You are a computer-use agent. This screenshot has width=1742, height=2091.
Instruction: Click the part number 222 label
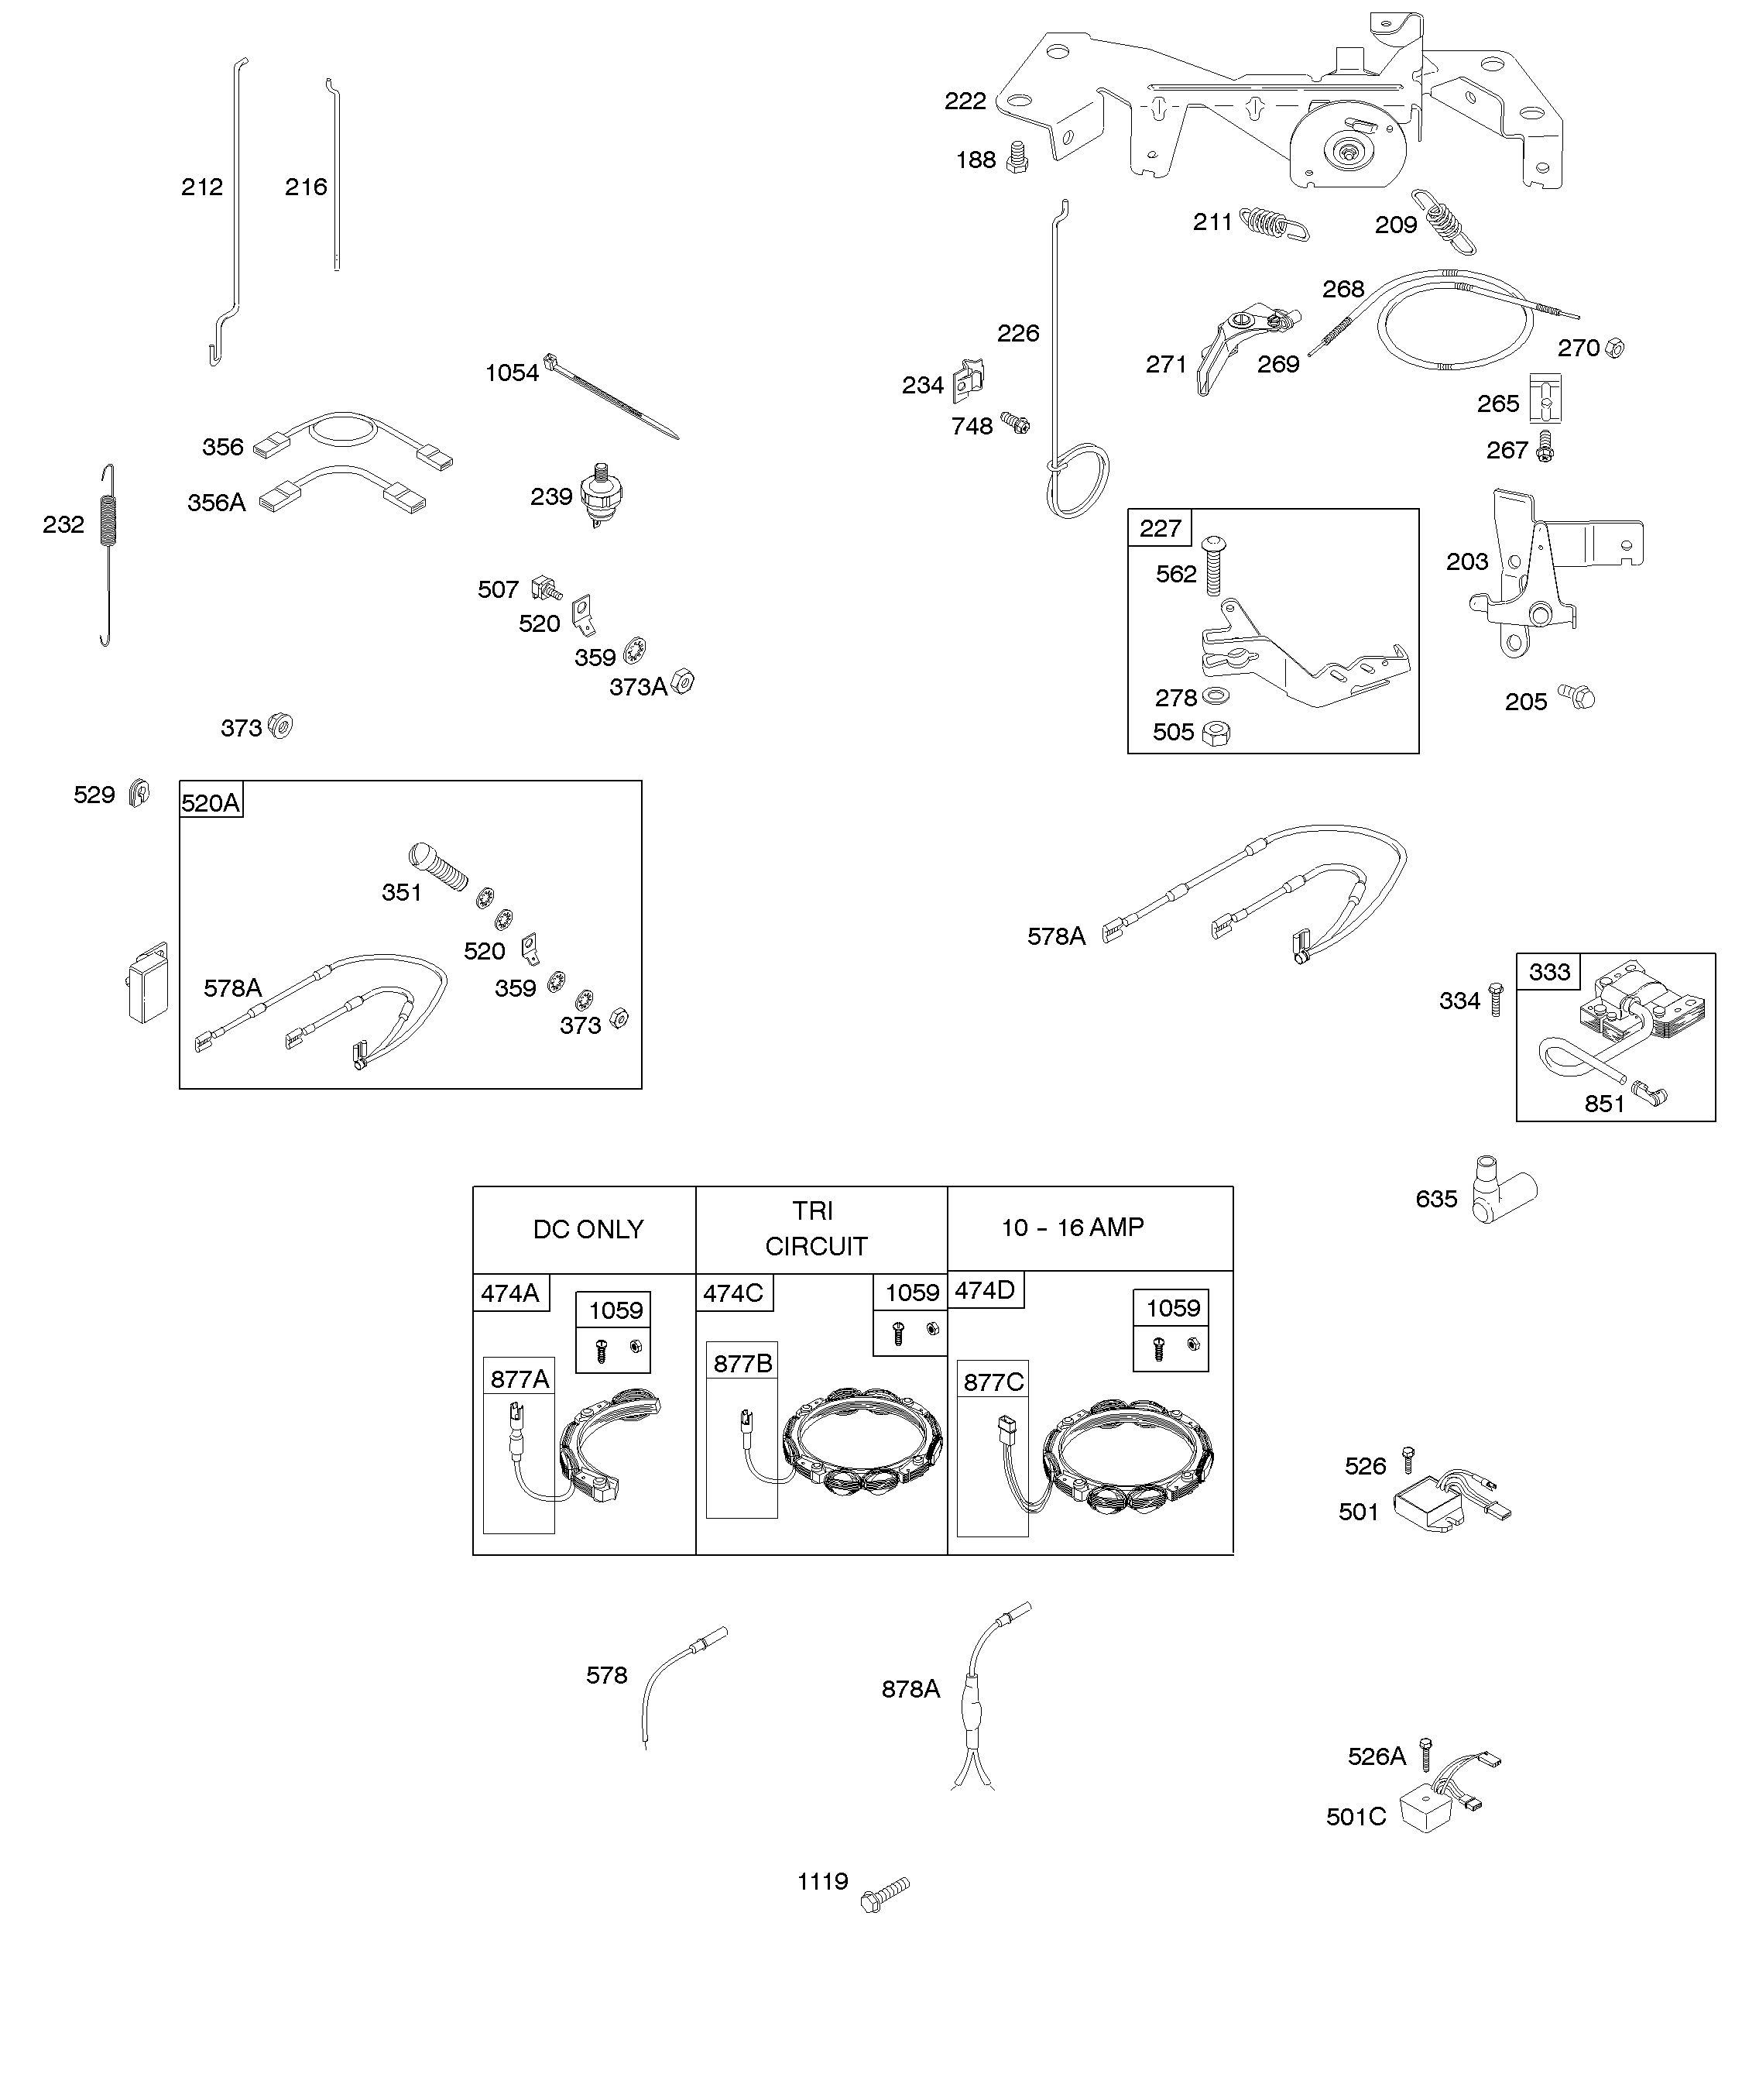[x=965, y=101]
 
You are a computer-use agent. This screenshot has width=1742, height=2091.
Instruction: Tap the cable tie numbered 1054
[x=611, y=397]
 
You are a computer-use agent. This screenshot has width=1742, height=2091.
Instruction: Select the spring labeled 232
[x=108, y=555]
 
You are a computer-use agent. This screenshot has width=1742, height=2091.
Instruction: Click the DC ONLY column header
[x=588, y=1230]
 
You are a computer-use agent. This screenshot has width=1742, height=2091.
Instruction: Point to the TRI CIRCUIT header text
[x=815, y=1229]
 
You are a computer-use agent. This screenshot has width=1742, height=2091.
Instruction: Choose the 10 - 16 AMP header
[x=1072, y=1227]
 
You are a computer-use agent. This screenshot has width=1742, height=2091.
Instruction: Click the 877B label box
[x=742, y=1363]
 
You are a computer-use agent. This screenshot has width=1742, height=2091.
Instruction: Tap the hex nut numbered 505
[x=1216, y=734]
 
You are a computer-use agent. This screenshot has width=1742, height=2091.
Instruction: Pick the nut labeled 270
[x=1614, y=348]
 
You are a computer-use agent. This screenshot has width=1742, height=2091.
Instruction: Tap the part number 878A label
[x=910, y=1689]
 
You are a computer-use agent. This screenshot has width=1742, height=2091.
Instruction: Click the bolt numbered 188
[x=1017, y=157]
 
